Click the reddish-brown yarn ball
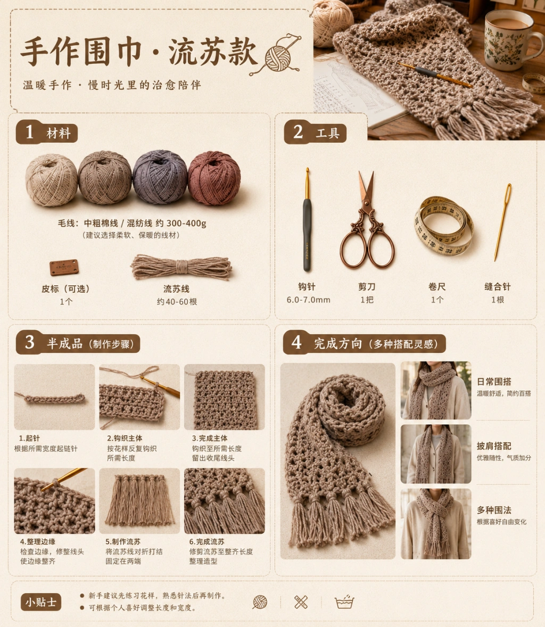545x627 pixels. click(x=214, y=178)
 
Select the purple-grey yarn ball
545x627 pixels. click(x=160, y=177)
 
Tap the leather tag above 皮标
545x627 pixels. click(x=64, y=267)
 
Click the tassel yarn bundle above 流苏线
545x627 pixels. click(x=181, y=267)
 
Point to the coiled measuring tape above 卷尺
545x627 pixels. click(x=443, y=226)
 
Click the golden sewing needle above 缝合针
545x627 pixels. click(x=502, y=222)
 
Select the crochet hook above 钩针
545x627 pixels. click(x=307, y=220)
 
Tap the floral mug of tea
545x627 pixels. click(x=508, y=40)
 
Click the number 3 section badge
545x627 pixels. click(x=29, y=342)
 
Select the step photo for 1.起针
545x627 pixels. click(x=54, y=397)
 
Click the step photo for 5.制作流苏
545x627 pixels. click(x=139, y=501)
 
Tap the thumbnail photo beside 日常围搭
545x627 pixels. click(x=436, y=390)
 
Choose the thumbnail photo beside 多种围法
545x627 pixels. click(x=436, y=523)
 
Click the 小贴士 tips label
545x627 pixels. click(x=41, y=602)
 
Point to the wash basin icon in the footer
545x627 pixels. click(x=344, y=602)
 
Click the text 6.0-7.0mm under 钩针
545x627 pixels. click(x=308, y=300)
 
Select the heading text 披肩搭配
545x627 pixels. click(x=494, y=446)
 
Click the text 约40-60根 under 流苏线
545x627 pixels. click(x=177, y=302)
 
